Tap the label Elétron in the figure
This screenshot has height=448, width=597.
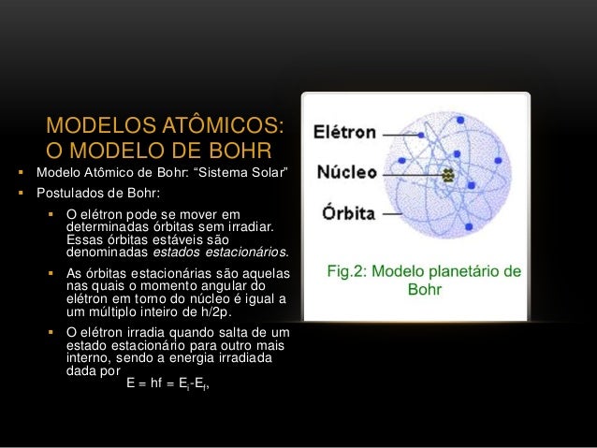coord(344,133)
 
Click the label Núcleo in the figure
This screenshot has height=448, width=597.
coord(346,173)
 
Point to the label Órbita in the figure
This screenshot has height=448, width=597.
coord(345,212)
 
